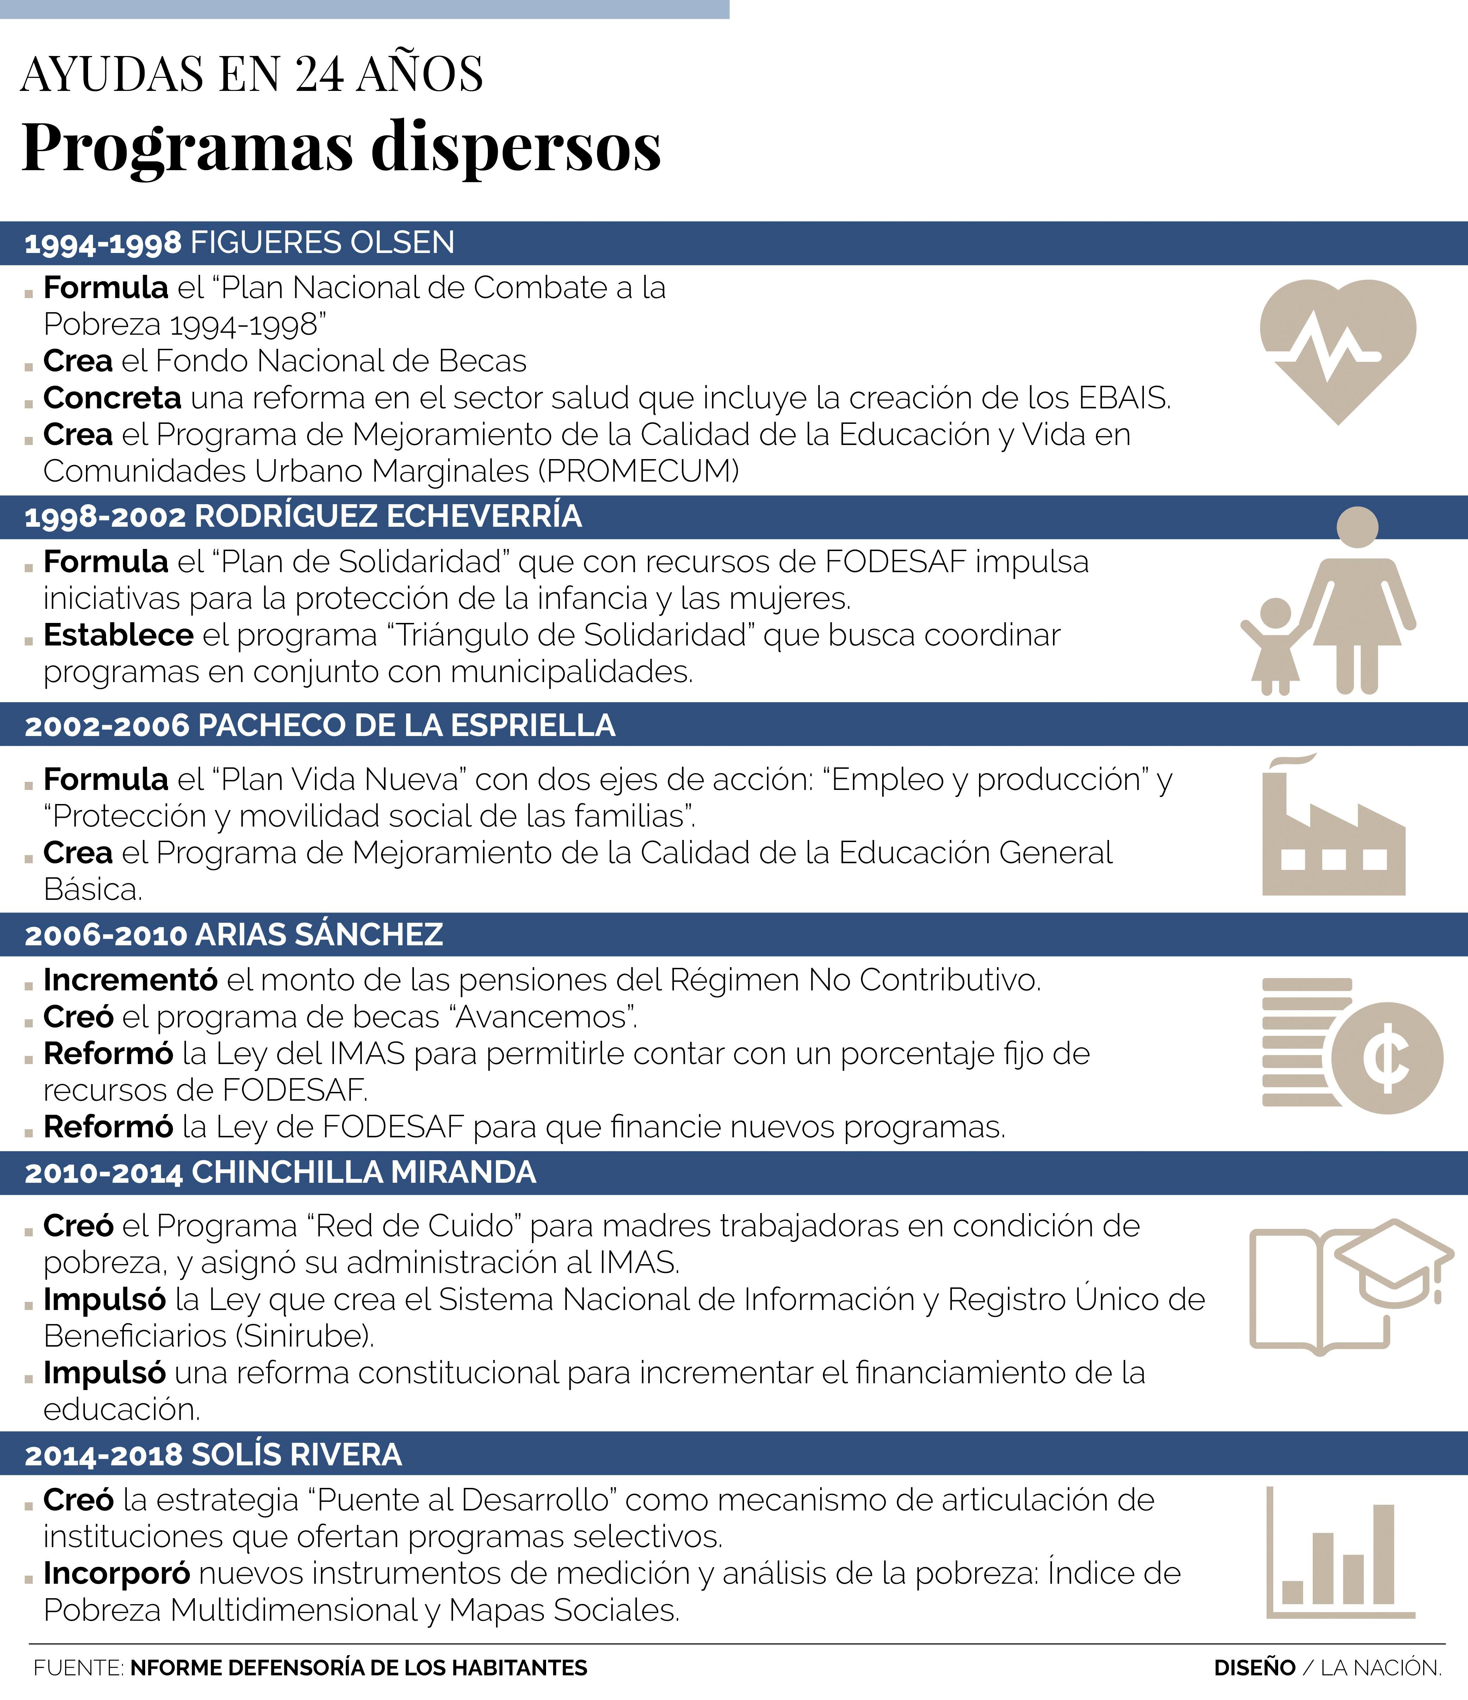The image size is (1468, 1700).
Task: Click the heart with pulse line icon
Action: (x=1338, y=349)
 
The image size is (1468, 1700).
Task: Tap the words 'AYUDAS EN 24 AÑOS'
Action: (x=252, y=74)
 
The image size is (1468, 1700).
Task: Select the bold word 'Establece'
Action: (x=118, y=635)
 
